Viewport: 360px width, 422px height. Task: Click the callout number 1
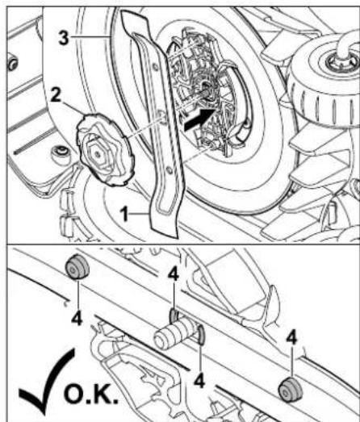(x=124, y=215)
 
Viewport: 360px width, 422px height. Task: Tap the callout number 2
(x=56, y=95)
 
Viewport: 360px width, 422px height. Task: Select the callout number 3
(x=64, y=38)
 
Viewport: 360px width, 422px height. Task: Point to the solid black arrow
(x=199, y=119)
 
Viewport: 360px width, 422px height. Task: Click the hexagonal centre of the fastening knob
(x=98, y=154)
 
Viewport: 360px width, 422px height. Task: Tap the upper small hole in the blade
(x=156, y=67)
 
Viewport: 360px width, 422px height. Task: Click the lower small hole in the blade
(x=169, y=170)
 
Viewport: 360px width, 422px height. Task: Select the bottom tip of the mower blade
(x=176, y=237)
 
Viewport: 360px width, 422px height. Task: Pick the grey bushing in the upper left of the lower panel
(x=77, y=267)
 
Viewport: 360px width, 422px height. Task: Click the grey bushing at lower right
(x=290, y=390)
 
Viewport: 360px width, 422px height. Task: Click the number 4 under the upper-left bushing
(x=77, y=320)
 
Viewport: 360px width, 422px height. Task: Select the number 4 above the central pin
(x=174, y=275)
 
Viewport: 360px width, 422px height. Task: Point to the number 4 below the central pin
(x=199, y=381)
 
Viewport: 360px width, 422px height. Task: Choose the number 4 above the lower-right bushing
(x=292, y=338)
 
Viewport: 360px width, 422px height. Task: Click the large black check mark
(x=46, y=382)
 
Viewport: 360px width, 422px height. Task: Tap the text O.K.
(x=91, y=395)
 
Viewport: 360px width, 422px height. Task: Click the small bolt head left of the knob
(x=60, y=154)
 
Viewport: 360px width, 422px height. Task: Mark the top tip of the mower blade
(x=123, y=12)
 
